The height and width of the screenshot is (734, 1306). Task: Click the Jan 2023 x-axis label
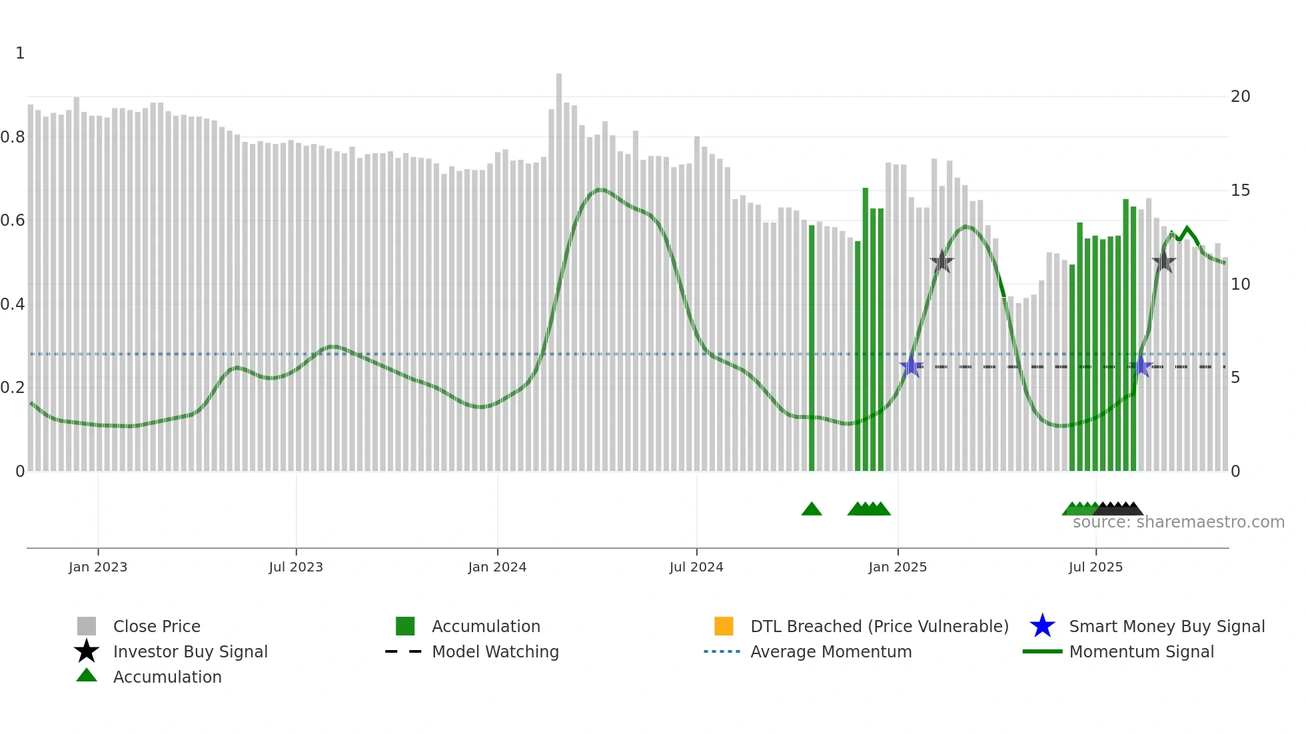(98, 567)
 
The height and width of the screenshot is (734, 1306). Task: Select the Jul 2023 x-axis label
(296, 567)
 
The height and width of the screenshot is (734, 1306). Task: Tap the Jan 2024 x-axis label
(497, 567)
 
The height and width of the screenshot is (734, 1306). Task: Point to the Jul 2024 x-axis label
(696, 567)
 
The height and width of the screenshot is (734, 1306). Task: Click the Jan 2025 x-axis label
(898, 567)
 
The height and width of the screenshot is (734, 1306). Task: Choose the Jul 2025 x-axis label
(1095, 567)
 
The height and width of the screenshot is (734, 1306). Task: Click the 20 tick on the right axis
(1240, 97)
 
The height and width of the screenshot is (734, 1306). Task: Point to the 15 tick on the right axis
(1240, 190)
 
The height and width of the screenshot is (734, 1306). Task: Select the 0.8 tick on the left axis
(13, 137)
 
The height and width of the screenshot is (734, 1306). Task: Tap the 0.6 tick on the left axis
(13, 220)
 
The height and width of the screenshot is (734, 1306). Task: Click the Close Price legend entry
(157, 626)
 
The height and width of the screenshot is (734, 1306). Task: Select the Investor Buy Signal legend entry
(190, 651)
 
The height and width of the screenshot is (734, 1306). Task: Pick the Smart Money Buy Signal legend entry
(1166, 626)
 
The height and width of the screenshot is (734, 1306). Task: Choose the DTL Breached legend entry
(879, 626)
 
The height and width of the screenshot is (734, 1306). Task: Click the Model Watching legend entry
(495, 651)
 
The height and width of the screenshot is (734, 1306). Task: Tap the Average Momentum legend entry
(831, 651)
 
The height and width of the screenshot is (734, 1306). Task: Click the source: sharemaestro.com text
(1178, 522)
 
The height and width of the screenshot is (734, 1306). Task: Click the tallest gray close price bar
(559, 266)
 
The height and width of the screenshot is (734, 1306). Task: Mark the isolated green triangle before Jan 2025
(812, 510)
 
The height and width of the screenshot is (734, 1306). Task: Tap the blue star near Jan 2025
(911, 366)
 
